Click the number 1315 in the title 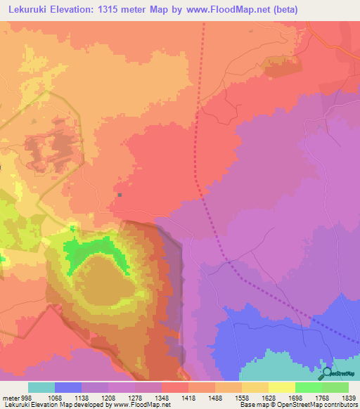pyautogui.click(x=122, y=10)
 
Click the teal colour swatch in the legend pyautogui.click(x=41, y=387)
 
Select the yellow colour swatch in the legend pyautogui.click(x=281, y=387)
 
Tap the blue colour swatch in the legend pyautogui.click(x=68, y=387)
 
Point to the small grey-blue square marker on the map pyautogui.click(x=120, y=195)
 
